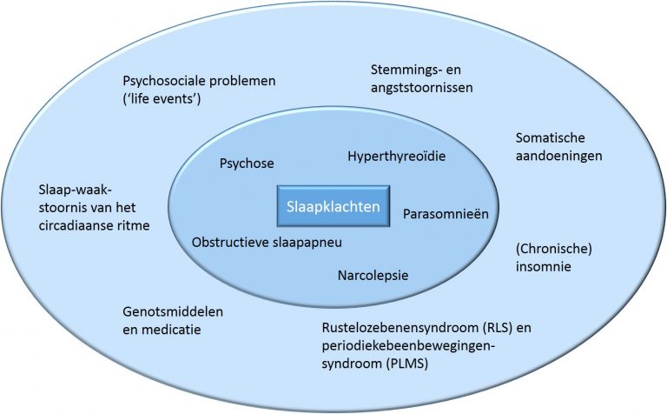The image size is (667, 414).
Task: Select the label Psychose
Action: pos(246,163)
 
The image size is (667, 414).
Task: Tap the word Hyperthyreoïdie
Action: pos(397,156)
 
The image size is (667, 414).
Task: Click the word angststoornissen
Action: pos(413,88)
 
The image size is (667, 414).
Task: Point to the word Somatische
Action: pos(551,137)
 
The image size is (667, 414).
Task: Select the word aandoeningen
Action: pos(559,156)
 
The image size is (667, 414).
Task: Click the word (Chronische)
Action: pos(549,249)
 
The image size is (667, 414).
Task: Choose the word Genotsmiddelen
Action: pos(167,311)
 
